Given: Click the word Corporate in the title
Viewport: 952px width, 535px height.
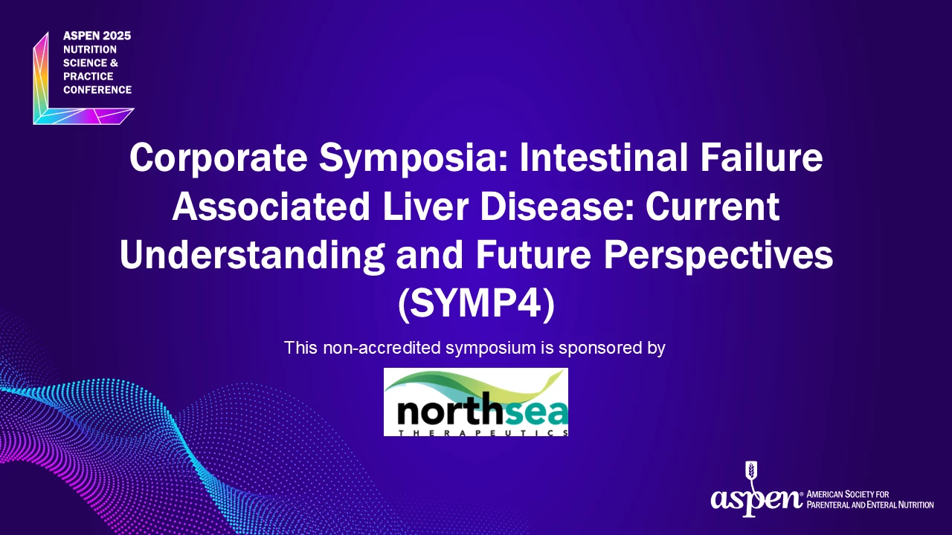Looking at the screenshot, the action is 219,158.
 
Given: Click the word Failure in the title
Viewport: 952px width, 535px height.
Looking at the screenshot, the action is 762,157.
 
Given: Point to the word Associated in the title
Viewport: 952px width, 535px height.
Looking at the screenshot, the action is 271,206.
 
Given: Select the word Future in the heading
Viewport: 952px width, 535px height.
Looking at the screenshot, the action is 533,255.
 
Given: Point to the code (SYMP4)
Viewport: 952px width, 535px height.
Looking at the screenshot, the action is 476,305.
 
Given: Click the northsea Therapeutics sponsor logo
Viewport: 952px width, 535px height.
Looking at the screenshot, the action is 476,402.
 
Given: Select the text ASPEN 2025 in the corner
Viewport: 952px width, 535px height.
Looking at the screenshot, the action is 97,36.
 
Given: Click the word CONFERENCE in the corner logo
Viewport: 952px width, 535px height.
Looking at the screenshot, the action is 97,90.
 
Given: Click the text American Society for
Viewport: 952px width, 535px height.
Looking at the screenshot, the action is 848,495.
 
